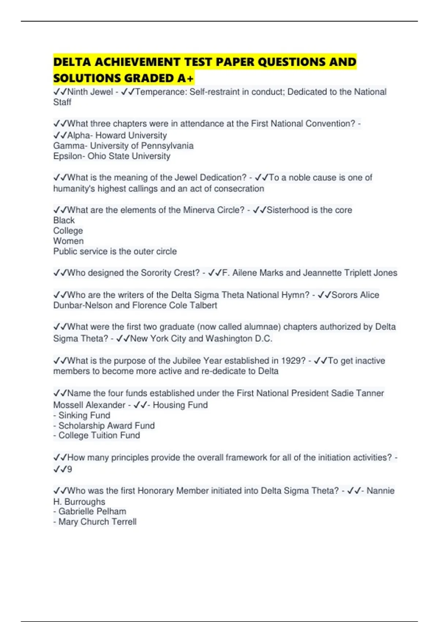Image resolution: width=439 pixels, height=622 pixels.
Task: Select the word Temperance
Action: pos(161,92)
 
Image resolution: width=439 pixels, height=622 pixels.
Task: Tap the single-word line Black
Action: pos(64,220)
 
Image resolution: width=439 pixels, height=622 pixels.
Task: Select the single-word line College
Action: pos(68,231)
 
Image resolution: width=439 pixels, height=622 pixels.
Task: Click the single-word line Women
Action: pos(68,241)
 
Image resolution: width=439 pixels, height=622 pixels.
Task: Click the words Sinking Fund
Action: pos(84,415)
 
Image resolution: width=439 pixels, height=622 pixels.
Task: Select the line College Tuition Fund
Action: pos(99,435)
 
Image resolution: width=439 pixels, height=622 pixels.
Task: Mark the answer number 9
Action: pos(70,469)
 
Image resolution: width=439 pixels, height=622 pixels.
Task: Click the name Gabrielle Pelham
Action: pos(92,512)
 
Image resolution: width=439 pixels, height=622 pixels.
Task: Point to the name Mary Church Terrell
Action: pos(97,522)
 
